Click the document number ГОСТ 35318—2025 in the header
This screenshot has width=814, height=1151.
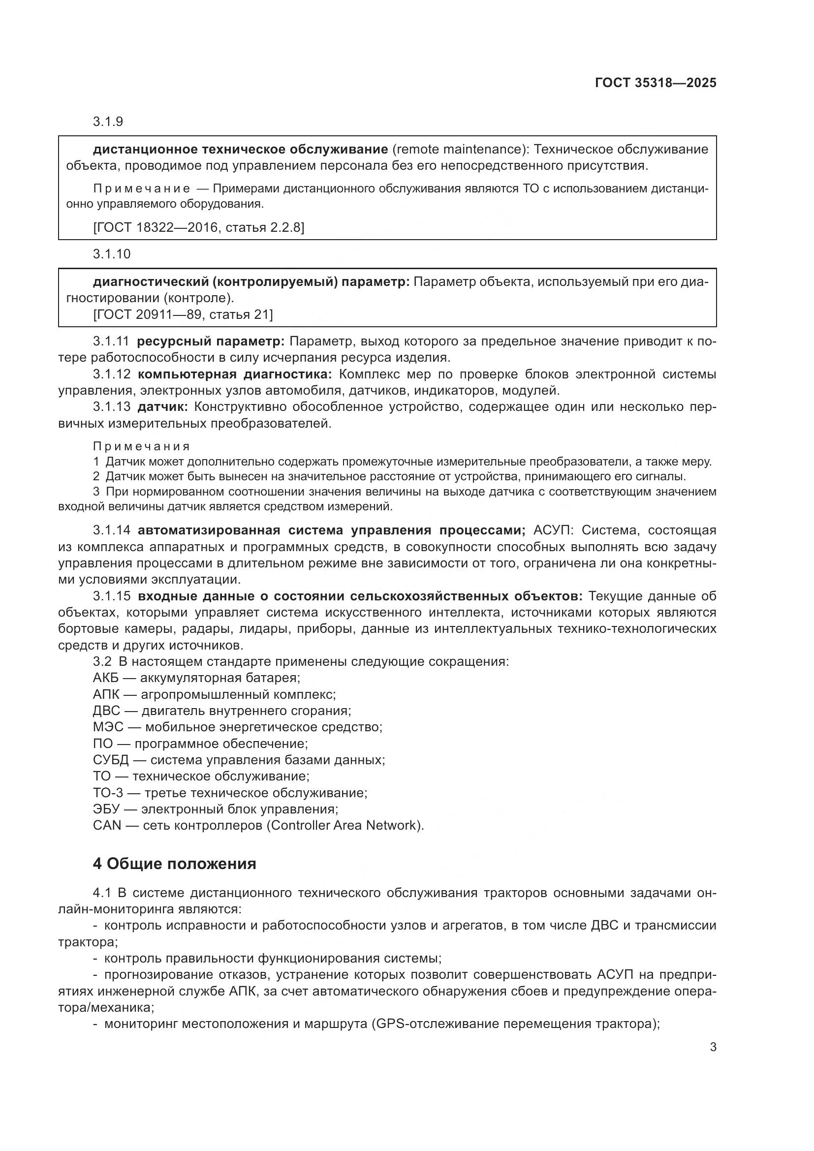pyautogui.click(x=655, y=83)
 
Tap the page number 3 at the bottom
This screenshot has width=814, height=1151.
pyautogui.click(x=713, y=1047)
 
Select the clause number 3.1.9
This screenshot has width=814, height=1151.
pyautogui.click(x=108, y=122)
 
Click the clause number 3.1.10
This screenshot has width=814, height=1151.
pyautogui.click(x=111, y=254)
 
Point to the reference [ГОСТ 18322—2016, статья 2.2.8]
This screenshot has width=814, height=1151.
pyautogui.click(x=198, y=228)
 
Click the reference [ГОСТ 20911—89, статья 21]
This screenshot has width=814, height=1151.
pyautogui.click(x=183, y=314)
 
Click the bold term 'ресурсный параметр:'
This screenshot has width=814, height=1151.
pyautogui.click(x=211, y=342)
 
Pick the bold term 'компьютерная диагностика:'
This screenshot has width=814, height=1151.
pyautogui.click(x=235, y=374)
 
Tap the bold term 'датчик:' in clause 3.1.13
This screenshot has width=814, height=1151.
pyautogui.click(x=162, y=407)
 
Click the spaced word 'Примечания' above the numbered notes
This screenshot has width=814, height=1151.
pyautogui.click(x=141, y=446)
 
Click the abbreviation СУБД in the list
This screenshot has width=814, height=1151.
pyautogui.click(x=111, y=760)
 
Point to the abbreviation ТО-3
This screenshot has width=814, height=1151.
pyautogui.click(x=108, y=793)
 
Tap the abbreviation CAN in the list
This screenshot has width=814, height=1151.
pyautogui.click(x=107, y=826)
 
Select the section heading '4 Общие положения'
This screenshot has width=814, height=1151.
pyautogui.click(x=174, y=864)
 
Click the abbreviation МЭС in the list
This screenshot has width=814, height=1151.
pyautogui.click(x=108, y=727)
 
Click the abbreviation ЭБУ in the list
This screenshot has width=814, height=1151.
pyautogui.click(x=106, y=809)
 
